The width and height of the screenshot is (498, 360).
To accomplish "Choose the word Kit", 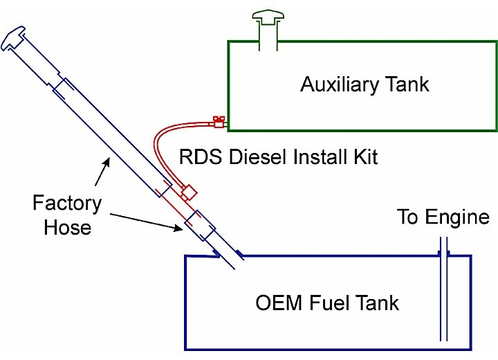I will (364, 157).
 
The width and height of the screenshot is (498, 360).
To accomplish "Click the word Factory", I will (67, 204).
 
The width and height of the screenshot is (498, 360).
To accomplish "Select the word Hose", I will (67, 228).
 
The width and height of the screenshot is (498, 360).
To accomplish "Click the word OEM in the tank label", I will (273, 303).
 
